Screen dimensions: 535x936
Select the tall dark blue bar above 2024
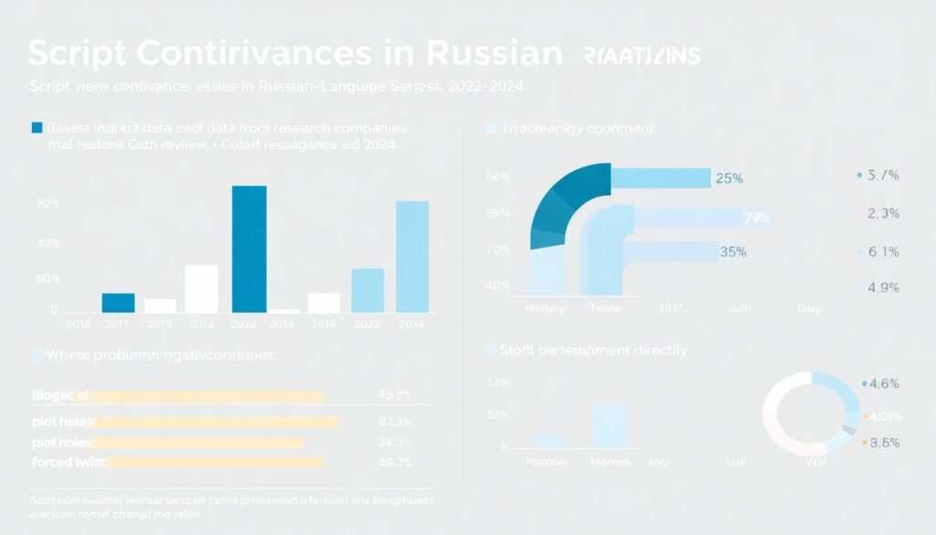[250, 249]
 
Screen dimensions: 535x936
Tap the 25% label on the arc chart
[729, 178]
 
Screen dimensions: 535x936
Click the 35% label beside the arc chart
[734, 251]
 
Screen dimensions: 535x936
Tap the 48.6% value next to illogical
[394, 396]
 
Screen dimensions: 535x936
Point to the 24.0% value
[394, 443]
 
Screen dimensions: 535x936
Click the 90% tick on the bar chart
[48, 203]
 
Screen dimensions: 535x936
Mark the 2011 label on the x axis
[117, 324]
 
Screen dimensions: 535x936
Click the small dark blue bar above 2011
[118, 303]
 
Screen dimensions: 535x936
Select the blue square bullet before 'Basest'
[37, 128]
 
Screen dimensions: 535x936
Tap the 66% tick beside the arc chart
[497, 177]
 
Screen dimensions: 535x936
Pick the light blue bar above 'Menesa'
[610, 426]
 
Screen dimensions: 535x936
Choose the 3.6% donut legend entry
[882, 442]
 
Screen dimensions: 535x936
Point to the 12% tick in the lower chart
[497, 381]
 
